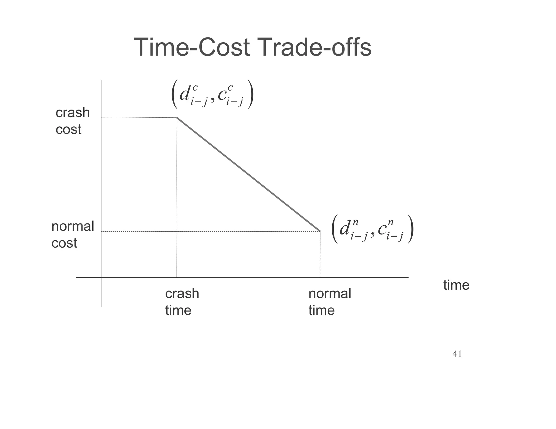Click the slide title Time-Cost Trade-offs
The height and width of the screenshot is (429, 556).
click(x=252, y=48)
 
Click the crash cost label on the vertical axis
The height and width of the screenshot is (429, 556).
click(x=72, y=121)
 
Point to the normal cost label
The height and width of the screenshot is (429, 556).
click(x=72, y=235)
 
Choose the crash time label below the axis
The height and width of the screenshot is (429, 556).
click(x=182, y=302)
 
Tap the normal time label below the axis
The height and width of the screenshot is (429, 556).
click(x=330, y=302)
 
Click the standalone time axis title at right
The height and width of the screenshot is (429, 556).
click(x=456, y=285)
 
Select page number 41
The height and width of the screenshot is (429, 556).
click(x=457, y=354)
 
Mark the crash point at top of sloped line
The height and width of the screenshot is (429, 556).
click(x=177, y=118)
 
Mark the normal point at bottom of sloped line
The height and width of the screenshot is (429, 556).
click(x=320, y=231)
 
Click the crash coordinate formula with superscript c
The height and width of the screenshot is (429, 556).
click(x=212, y=94)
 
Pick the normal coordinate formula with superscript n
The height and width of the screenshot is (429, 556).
click(x=372, y=229)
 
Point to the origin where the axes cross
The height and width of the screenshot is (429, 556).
click(x=101, y=278)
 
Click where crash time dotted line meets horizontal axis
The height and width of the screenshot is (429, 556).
click(x=177, y=278)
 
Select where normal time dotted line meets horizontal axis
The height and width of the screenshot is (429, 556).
click(x=320, y=278)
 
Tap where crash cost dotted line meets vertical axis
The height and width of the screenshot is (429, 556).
click(x=101, y=118)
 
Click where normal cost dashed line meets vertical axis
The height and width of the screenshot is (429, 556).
click(x=101, y=231)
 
